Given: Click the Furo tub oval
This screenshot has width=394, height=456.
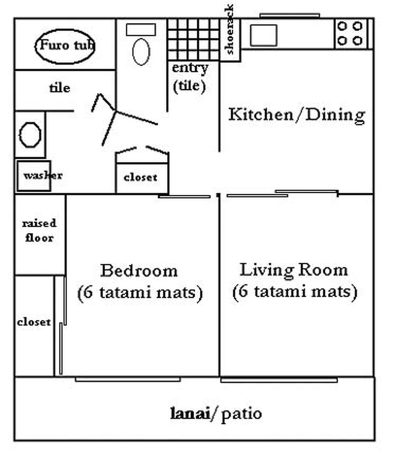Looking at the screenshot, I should [x=65, y=46].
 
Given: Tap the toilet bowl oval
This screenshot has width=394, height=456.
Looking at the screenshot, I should [x=141, y=52].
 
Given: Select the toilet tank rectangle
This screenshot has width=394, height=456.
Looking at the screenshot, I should [x=141, y=30].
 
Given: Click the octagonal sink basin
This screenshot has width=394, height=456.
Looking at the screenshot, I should [x=30, y=134].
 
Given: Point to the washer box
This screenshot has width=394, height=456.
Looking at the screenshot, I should [x=34, y=176].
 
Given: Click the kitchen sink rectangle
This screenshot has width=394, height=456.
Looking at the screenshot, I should [x=263, y=35].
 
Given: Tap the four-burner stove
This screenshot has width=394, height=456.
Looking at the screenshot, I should [x=350, y=34].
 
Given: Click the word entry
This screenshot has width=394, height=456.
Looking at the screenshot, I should [x=190, y=68].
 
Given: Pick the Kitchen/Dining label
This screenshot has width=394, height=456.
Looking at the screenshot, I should [x=296, y=115].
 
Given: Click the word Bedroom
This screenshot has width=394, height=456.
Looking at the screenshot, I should [x=139, y=271].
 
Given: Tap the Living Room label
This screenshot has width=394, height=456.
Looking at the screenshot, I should [x=294, y=270].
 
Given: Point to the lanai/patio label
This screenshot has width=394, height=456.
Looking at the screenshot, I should [x=216, y=413].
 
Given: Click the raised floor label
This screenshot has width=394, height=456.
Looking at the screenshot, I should [x=39, y=230].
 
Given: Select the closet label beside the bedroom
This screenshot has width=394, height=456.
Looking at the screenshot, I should [x=34, y=322].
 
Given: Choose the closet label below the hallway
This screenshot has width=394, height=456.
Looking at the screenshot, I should [x=141, y=177].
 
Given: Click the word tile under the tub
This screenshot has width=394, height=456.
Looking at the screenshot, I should [x=59, y=88].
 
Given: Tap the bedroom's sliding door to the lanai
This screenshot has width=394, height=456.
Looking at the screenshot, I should [x=128, y=379].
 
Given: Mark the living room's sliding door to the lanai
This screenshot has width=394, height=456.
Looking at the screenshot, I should [x=279, y=380].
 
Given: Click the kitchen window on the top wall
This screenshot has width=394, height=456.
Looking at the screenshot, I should [x=290, y=15].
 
